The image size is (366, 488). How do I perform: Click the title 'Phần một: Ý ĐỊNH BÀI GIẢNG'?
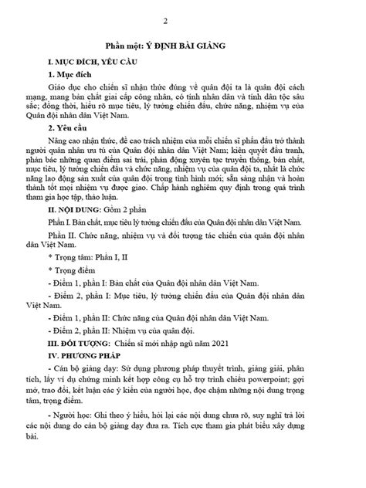pyautogui.click(x=182, y=47)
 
